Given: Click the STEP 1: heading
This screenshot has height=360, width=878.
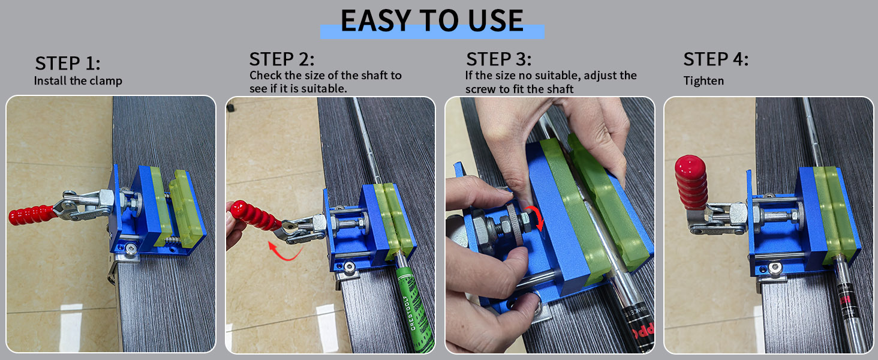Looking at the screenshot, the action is [x=68, y=63].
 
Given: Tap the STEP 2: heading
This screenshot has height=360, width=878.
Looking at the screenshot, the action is [x=282, y=59].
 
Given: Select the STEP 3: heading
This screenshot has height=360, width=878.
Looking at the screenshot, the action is [x=498, y=59].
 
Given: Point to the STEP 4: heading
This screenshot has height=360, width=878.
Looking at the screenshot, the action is [x=715, y=59].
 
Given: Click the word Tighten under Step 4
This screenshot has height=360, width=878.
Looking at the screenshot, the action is [x=703, y=81].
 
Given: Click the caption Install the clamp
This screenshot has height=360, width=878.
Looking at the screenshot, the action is [x=78, y=81].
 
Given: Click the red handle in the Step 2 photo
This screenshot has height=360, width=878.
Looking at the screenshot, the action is [x=255, y=215].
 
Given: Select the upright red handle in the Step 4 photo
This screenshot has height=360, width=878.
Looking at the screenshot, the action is [x=691, y=183].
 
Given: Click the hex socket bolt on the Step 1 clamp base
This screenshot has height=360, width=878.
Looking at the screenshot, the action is [x=131, y=248].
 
